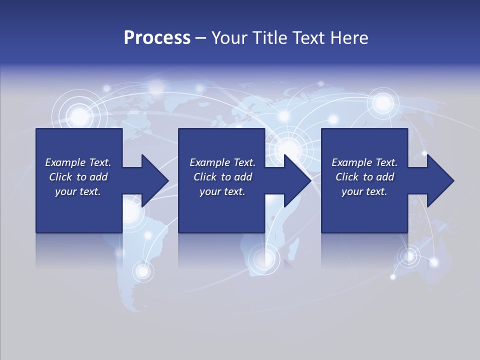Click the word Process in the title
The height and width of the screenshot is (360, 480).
[157, 37]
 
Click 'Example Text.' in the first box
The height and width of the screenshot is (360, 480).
[78, 162]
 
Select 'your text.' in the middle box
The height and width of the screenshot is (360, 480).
[222, 191]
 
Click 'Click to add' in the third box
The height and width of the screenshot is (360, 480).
[364, 177]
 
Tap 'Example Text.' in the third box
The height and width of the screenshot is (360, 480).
[364, 162]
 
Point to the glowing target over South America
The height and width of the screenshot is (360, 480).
[143, 271]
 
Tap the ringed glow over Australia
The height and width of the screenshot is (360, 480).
[409, 256]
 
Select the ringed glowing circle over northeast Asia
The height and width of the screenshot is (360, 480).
[383, 102]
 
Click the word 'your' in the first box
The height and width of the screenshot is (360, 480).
[65, 191]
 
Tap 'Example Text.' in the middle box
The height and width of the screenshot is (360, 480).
[222, 162]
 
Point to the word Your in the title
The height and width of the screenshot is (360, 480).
[229, 37]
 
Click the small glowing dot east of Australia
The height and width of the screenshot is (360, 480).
[434, 262]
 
